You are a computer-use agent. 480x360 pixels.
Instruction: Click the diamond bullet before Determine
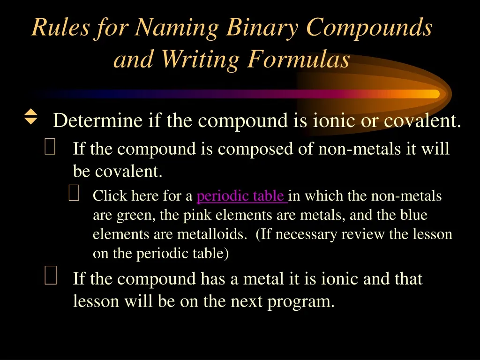[x=30, y=117]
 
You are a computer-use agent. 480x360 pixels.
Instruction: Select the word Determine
[x=97, y=121]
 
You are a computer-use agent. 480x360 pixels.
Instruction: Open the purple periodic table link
[x=242, y=196]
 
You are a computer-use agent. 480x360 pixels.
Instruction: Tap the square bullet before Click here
[x=74, y=193]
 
